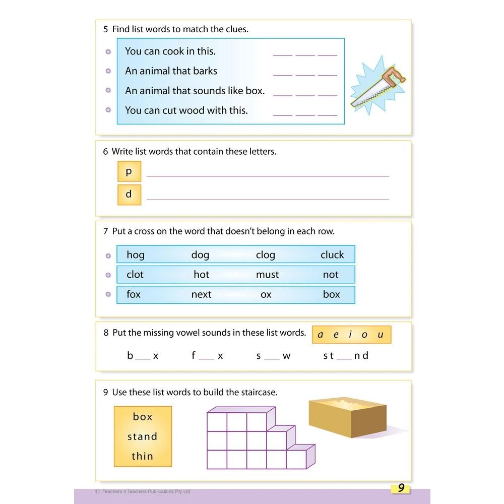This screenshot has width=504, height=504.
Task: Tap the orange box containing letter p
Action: click(129, 171)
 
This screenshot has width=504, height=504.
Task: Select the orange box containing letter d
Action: click(129, 195)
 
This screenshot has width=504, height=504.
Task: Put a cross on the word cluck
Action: click(332, 255)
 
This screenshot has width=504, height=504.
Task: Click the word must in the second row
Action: click(267, 275)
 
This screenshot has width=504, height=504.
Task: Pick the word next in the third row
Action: click(201, 294)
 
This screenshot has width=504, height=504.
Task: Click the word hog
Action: click(136, 255)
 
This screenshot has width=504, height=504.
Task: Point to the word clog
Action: click(265, 255)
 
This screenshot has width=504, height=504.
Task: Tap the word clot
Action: click(135, 275)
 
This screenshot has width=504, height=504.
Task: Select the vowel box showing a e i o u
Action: click(351, 335)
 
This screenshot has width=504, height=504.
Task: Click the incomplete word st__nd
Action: click(346, 356)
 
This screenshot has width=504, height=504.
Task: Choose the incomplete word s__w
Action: click(273, 356)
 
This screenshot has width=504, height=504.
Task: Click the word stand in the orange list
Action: click(142, 436)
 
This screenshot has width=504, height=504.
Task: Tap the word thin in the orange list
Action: click(142, 456)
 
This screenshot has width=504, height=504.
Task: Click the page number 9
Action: click(401, 488)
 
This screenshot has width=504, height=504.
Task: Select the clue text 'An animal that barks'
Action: click(171, 71)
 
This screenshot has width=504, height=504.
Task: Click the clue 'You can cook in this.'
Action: click(170, 51)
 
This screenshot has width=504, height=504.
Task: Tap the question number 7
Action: click(106, 231)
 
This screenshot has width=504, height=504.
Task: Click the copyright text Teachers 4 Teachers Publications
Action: click(146, 491)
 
